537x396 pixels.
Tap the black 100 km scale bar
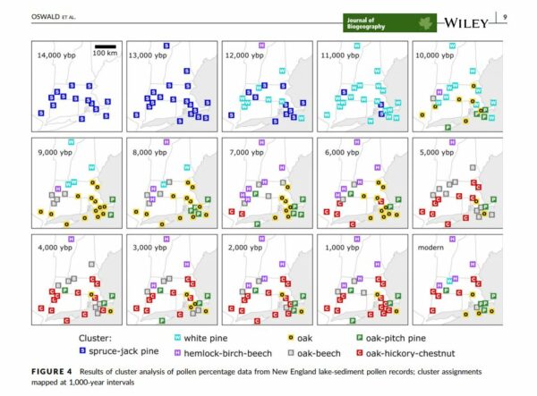click(x=106, y=46)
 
